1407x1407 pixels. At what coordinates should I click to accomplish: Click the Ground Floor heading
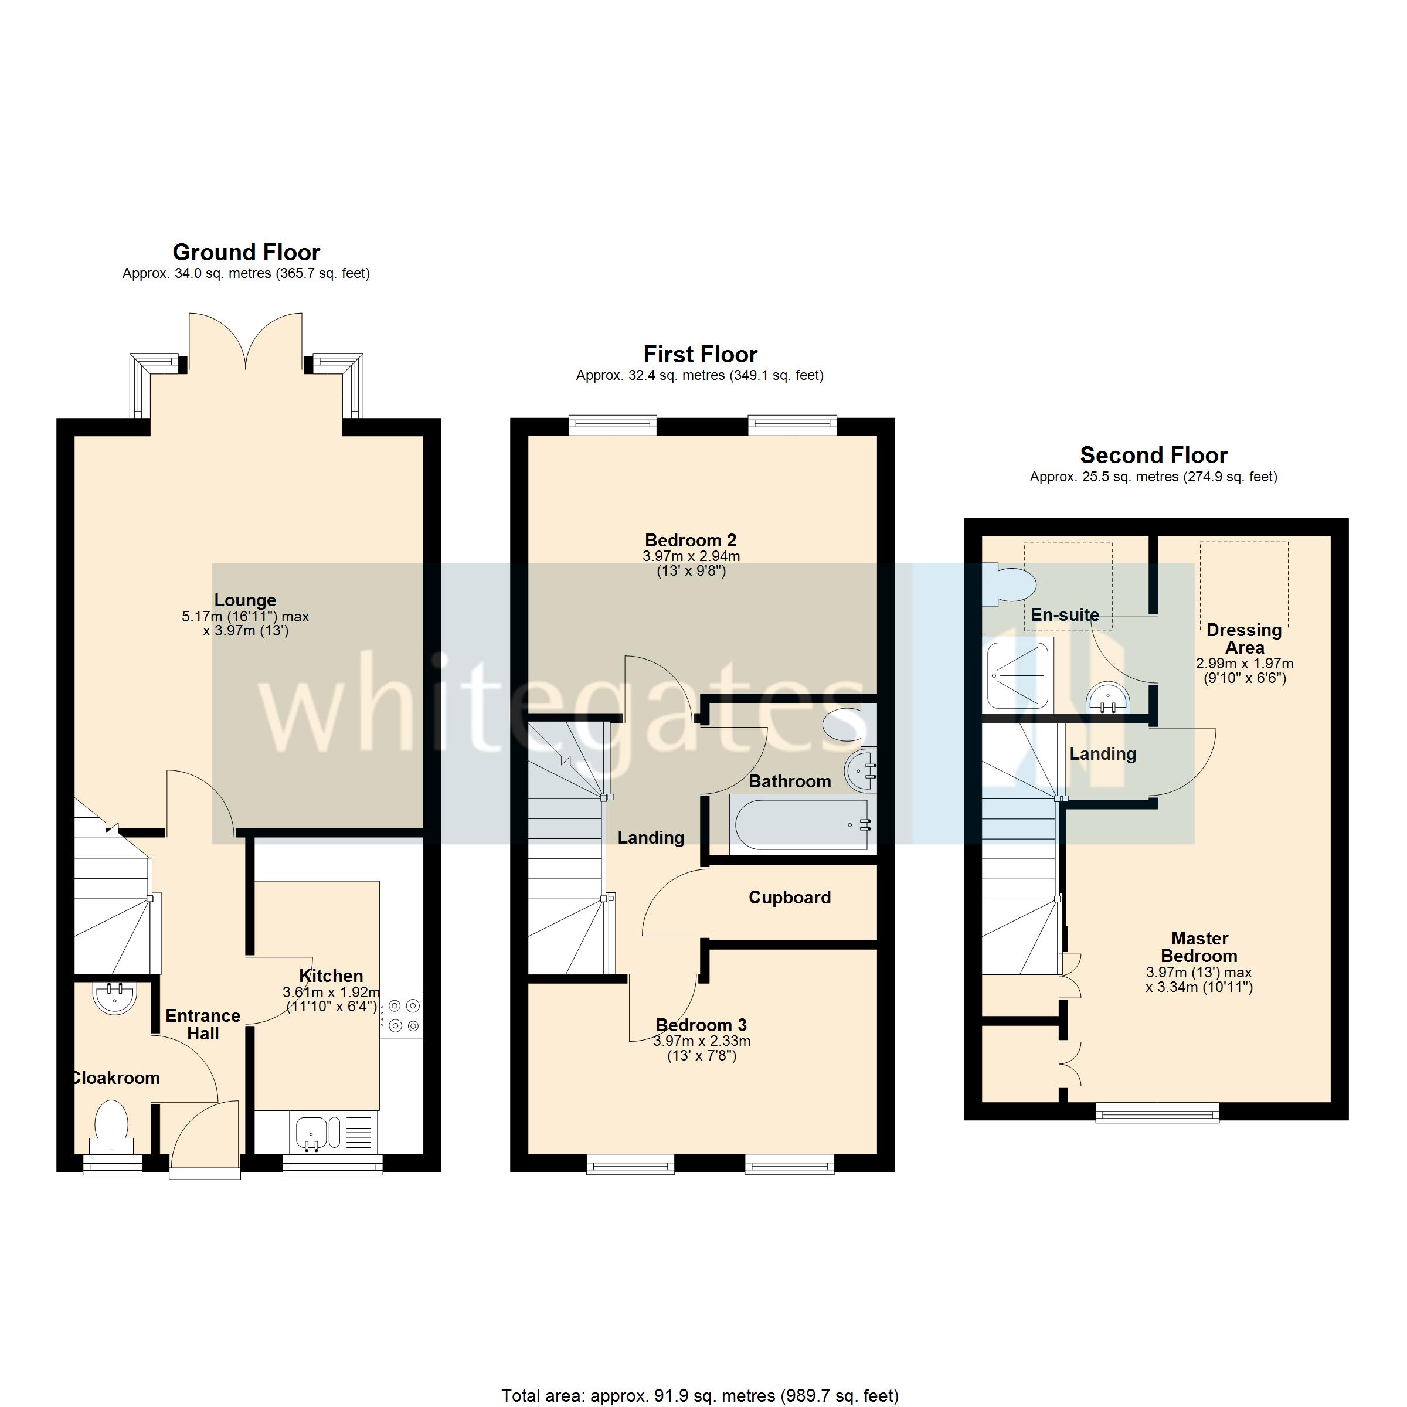tap(246, 252)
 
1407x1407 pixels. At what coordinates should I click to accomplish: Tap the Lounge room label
tap(246, 600)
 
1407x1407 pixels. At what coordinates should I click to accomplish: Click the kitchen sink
tap(318, 1134)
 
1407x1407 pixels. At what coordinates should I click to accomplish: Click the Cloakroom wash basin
tap(114, 996)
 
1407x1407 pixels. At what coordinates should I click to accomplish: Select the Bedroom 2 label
tap(691, 541)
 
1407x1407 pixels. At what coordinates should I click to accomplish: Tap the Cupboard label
tap(790, 897)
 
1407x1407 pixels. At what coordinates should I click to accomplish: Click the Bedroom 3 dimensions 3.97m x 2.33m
tap(701, 1041)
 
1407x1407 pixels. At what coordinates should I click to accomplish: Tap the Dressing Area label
tap(1244, 638)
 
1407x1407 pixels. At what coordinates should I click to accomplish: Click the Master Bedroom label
tap(1199, 947)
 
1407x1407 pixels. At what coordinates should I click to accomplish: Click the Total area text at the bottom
tap(699, 1395)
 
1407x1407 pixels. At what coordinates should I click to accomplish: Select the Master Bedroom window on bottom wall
tap(1157, 1112)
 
